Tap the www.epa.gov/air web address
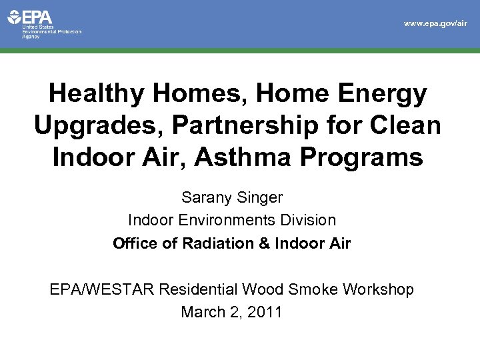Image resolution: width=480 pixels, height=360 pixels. [436, 23]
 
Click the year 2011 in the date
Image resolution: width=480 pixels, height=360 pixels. [265, 311]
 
